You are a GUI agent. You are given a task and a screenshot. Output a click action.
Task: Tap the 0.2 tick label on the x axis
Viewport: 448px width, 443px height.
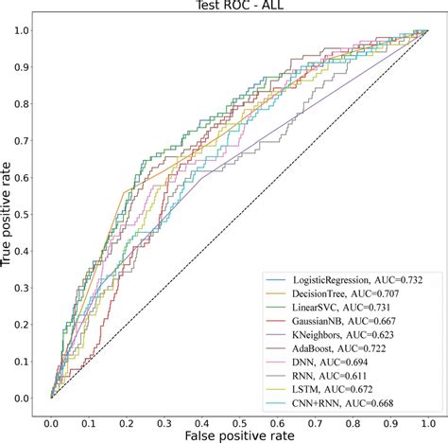(127, 414)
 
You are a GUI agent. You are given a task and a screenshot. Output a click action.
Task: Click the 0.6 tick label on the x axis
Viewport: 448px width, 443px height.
(277, 414)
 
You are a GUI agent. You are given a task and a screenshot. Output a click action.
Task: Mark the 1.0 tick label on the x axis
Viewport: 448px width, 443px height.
(427, 414)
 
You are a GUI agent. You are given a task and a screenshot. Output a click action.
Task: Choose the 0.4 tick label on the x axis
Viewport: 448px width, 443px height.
(202, 414)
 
